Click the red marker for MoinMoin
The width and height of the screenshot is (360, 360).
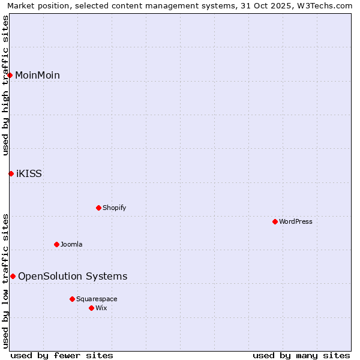10,75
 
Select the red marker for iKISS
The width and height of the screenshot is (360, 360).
11,173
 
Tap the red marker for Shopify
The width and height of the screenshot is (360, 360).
98,208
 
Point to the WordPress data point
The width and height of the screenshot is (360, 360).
275,221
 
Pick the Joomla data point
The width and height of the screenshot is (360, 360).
56,244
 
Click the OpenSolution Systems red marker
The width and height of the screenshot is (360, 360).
13,276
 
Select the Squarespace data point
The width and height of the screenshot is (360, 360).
72,299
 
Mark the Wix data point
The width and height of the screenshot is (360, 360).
91,308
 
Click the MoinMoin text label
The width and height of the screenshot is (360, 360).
37,75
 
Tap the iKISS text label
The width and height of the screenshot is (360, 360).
29,173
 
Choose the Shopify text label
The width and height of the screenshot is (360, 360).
114,208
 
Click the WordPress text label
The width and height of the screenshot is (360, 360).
295,221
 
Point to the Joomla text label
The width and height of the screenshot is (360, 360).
71,244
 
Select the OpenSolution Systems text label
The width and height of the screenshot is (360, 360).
73,276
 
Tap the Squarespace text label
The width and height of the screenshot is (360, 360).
97,299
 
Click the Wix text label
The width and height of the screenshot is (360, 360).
101,308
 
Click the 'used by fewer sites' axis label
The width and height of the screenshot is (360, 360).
62,355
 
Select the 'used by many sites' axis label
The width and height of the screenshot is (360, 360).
301,355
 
